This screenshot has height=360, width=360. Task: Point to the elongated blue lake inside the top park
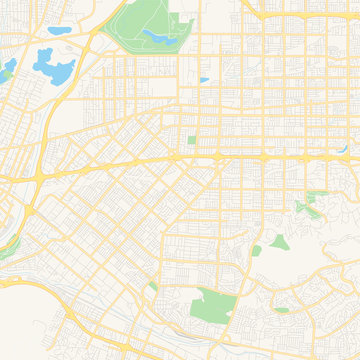[x=158, y=37]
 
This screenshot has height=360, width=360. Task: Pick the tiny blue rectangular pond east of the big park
[x=204, y=80]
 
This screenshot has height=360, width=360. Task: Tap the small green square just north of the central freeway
[x=192, y=140]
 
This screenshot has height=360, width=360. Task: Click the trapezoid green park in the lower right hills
[x=277, y=242]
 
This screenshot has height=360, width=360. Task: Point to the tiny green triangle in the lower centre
[x=152, y=287]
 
